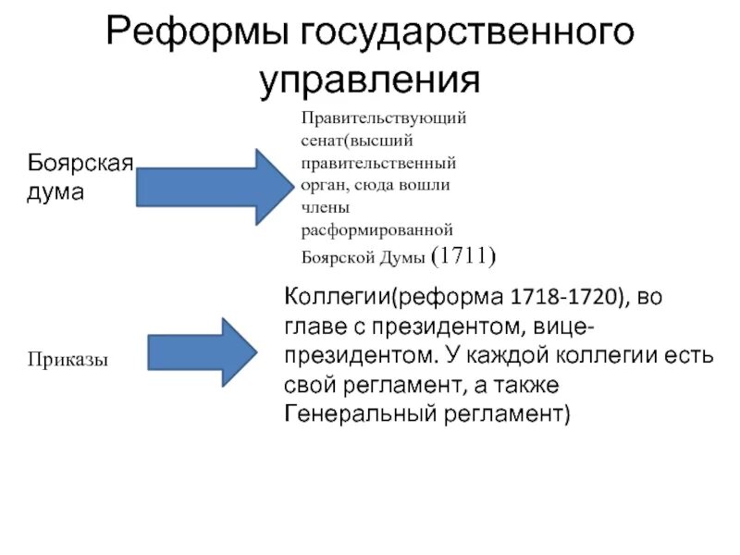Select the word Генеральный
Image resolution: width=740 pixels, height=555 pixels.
(x=355, y=413)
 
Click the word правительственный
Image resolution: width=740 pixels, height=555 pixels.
(x=378, y=163)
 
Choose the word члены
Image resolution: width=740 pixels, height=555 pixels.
(x=323, y=205)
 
